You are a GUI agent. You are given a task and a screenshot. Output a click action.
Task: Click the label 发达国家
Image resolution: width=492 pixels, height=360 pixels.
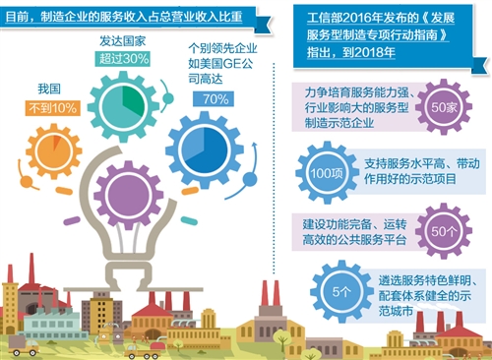[123, 42]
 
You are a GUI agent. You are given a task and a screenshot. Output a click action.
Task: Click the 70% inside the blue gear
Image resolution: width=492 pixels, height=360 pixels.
[215, 98]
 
